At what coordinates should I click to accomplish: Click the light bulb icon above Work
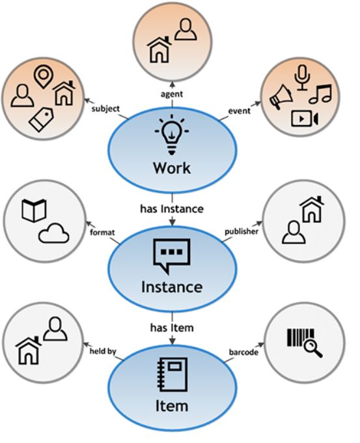coord(172,134)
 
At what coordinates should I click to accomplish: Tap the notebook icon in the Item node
coord(173,375)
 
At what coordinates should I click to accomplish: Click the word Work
coord(172,168)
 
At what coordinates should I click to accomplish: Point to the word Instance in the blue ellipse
coord(172,287)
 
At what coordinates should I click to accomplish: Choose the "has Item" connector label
coord(172,328)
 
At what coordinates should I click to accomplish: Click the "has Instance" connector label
coord(172,209)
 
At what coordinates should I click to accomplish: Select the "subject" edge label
coord(105,109)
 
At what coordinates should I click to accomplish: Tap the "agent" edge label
coord(172,94)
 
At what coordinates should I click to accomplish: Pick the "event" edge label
coord(239,111)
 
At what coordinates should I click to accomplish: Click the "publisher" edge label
coord(242,232)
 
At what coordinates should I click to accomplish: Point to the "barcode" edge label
coord(243,352)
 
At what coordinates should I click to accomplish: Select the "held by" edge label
coord(103,351)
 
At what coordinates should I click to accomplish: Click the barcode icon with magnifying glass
coord(305,343)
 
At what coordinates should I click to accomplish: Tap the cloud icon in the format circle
coord(53,233)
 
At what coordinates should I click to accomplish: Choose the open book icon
coord(34,210)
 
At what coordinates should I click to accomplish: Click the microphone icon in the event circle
coord(302,78)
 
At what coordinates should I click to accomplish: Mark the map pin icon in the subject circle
coord(43,76)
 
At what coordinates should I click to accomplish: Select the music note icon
coord(320,94)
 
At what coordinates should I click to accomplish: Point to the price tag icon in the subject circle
coord(41,119)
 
